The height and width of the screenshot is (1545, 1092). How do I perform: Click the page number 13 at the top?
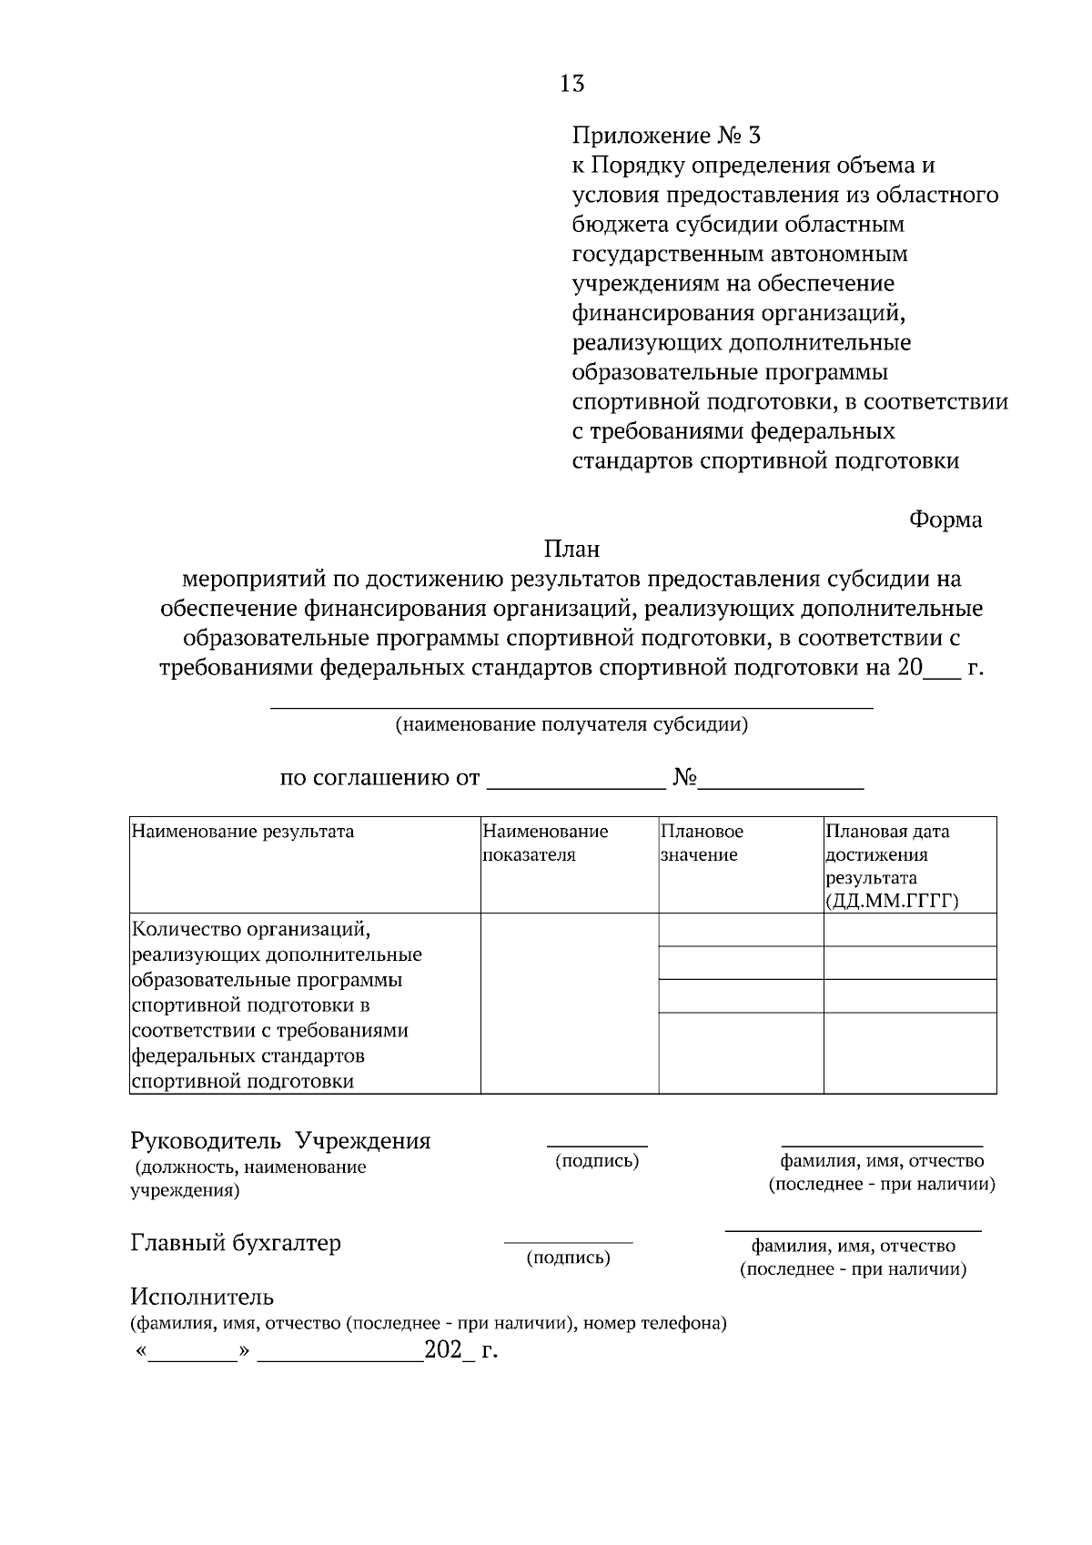(x=572, y=85)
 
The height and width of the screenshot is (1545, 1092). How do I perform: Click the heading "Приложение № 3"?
(x=665, y=136)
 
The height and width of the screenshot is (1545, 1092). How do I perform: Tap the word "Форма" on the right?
(x=945, y=520)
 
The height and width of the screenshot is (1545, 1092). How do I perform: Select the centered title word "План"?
(x=571, y=550)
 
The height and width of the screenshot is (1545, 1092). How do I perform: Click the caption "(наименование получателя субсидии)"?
(x=571, y=725)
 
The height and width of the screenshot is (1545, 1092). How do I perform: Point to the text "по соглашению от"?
(x=379, y=779)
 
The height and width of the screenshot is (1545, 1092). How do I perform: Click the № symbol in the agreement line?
(x=685, y=779)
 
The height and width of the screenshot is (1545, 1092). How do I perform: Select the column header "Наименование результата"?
(x=243, y=831)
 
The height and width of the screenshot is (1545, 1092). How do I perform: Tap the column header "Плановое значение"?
(x=701, y=843)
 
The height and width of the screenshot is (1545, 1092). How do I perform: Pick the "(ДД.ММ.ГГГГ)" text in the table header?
(x=893, y=902)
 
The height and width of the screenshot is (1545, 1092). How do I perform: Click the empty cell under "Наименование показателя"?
(x=569, y=1003)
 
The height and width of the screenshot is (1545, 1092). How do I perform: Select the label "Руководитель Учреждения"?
(x=280, y=1141)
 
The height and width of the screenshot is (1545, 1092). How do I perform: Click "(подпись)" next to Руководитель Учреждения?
(x=597, y=1162)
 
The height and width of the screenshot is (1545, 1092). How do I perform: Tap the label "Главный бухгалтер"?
(x=236, y=1243)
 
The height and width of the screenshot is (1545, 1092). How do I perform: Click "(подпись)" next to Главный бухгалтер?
(x=569, y=1258)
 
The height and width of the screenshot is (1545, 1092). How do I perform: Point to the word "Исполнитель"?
(x=202, y=1297)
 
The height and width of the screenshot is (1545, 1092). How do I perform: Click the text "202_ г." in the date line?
(x=461, y=1350)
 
